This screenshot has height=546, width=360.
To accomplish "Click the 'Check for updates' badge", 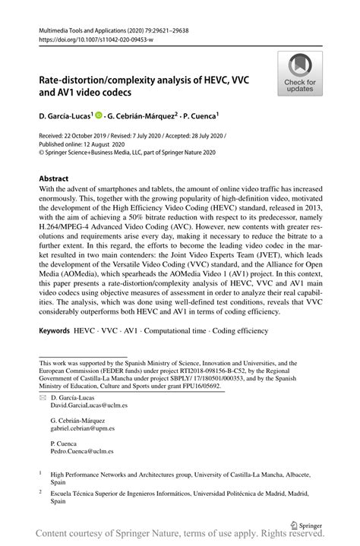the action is coord(300,73).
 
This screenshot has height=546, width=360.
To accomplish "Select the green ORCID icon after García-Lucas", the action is coord(100,116).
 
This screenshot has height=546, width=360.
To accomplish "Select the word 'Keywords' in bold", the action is coord(55,332).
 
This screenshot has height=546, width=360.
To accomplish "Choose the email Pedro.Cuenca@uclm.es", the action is coord(81,451).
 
